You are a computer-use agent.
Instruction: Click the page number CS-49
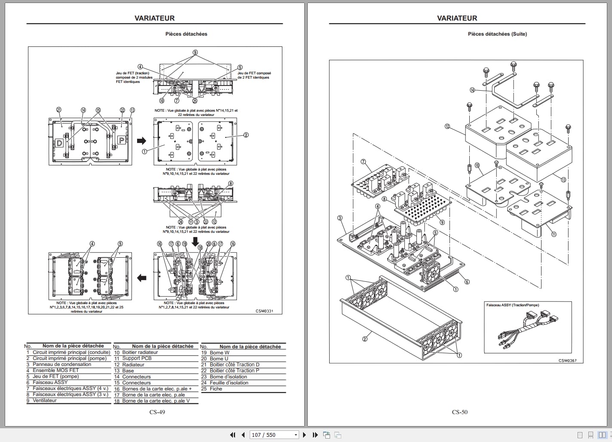pyautogui.click(x=157, y=412)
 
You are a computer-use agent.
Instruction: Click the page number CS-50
pyautogui.click(x=459, y=412)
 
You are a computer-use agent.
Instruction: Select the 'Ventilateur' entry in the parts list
pyautogui.click(x=45, y=400)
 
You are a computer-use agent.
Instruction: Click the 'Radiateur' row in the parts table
pyautogui.click(x=133, y=365)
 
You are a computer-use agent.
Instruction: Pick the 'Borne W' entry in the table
pyautogui.click(x=220, y=353)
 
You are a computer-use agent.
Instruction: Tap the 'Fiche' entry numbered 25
pyautogui.click(x=216, y=389)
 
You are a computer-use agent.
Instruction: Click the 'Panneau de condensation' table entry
pyautogui.click(x=62, y=364)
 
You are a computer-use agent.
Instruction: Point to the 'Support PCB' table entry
pyautogui.click(x=137, y=358)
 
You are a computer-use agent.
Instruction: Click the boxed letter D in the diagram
pyautogui.click(x=59, y=143)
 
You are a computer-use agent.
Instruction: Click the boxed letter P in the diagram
pyautogui.click(x=122, y=140)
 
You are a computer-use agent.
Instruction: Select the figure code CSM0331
pyautogui.click(x=264, y=311)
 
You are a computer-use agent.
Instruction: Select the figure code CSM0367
pyautogui.click(x=567, y=360)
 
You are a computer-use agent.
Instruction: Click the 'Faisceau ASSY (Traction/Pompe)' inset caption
pyautogui.click(x=512, y=305)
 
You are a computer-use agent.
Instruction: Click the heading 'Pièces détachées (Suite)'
pyautogui.click(x=497, y=34)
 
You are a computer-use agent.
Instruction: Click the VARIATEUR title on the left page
pyautogui.click(x=154, y=18)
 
